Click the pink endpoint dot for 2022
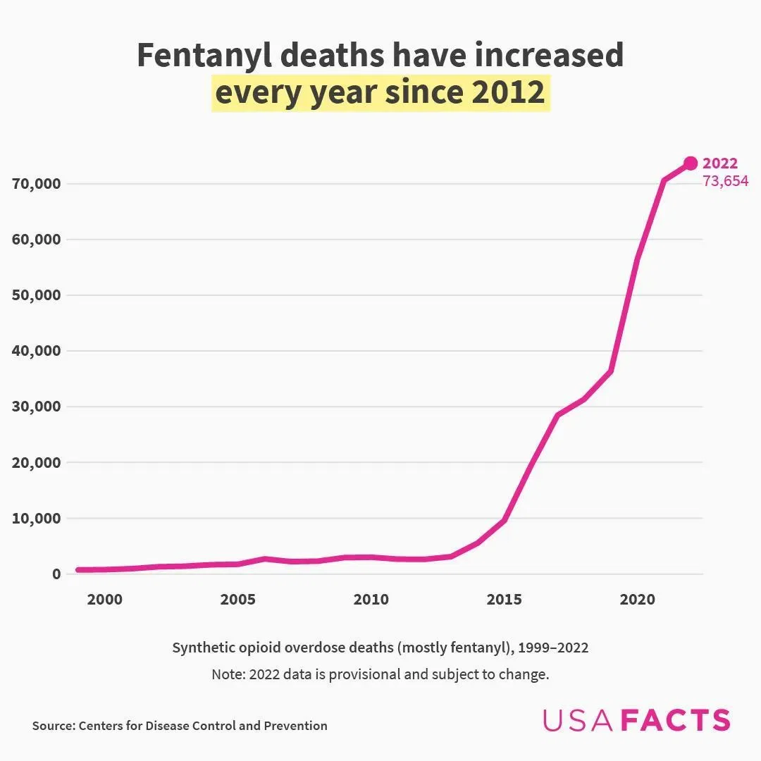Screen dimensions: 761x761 (691, 163)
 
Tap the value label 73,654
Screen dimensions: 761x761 (725, 181)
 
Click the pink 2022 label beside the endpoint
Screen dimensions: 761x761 (720, 164)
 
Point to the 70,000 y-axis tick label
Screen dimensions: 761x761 (37, 184)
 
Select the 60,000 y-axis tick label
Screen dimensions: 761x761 (37, 240)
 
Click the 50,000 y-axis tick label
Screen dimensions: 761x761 (37, 295)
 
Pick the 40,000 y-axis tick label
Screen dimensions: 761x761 (37, 351)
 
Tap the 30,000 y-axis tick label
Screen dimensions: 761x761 (37, 407)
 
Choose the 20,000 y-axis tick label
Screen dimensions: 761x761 (37, 462)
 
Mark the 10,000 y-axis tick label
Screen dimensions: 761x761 (37, 518)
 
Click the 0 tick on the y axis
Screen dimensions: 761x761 (56, 574)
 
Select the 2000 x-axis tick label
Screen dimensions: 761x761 (104, 600)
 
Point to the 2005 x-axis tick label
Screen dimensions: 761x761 (237, 600)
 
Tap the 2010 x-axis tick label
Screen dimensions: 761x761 (371, 600)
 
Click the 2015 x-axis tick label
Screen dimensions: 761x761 (504, 600)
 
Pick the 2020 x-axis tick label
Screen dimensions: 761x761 (637, 600)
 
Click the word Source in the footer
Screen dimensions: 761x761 (53, 726)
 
